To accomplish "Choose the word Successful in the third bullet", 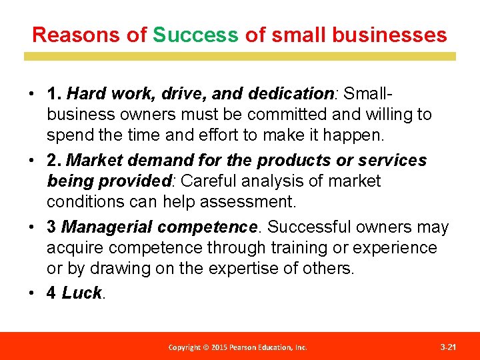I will pos(313,227).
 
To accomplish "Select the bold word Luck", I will pos(81,293).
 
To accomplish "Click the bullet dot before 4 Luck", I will pos(32,293).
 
